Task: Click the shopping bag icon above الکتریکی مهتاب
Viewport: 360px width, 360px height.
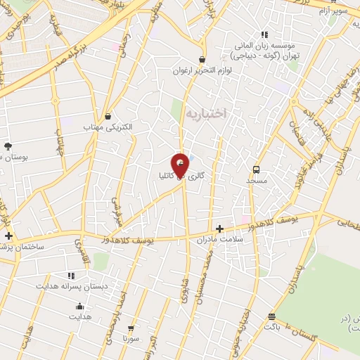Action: tap(108, 116)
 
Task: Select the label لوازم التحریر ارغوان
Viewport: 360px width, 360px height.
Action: tap(202, 71)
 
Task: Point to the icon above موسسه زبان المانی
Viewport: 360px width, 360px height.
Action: tap(264, 34)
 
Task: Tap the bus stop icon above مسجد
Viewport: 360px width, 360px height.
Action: tap(256, 169)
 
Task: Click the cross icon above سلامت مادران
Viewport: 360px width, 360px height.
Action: tap(219, 229)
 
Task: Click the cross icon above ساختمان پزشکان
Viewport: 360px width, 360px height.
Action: tap(8, 236)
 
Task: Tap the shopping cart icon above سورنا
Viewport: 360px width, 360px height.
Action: tap(131, 328)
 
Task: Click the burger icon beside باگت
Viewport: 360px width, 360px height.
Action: tap(271, 316)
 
